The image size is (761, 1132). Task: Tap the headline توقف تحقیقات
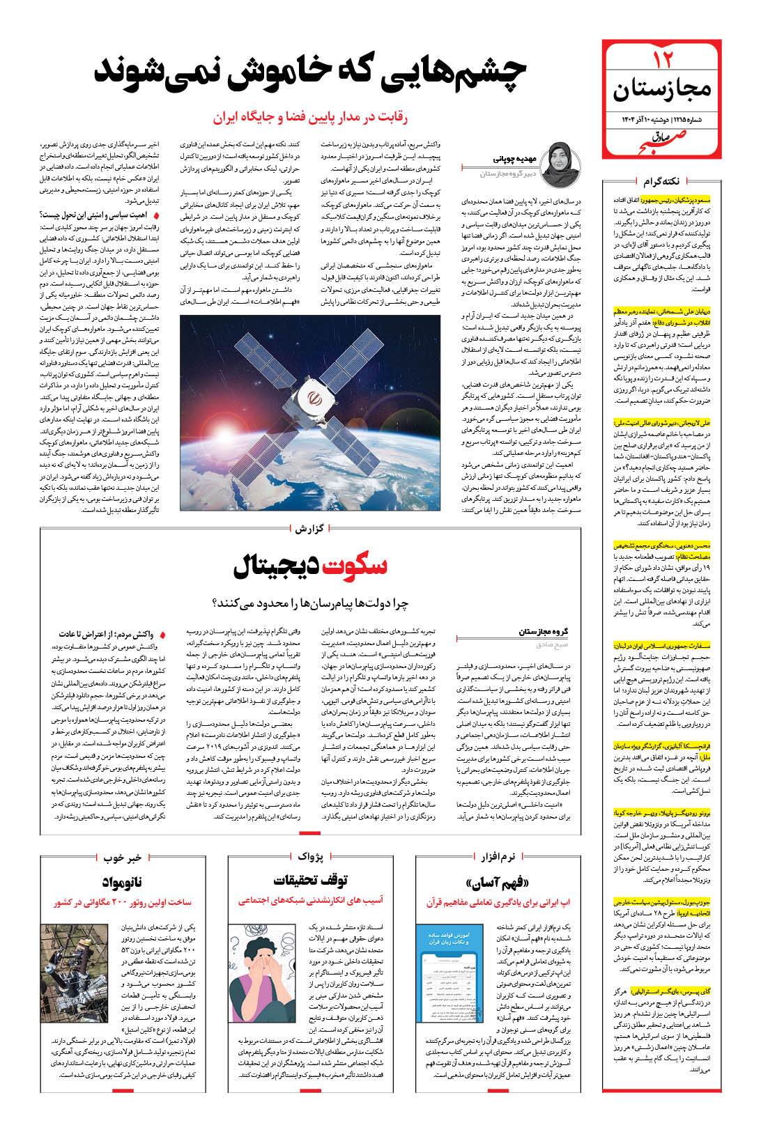click(x=321, y=878)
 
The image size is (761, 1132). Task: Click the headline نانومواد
click(x=125, y=882)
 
